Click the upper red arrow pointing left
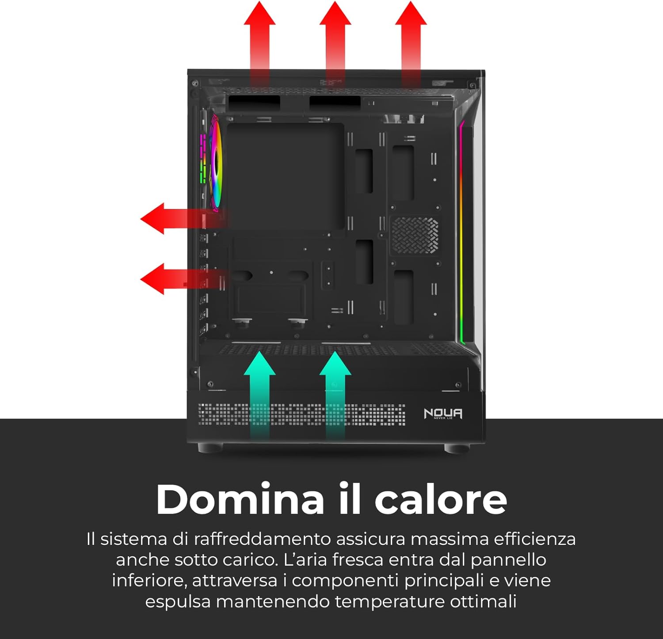point(177,218)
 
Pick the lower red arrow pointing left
point(177,279)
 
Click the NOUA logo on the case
point(443,414)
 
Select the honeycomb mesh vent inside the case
point(414,235)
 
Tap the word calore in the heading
point(441,499)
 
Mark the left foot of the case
point(210,448)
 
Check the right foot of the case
point(457,448)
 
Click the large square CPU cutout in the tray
point(286,176)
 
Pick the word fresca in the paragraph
point(358,560)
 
